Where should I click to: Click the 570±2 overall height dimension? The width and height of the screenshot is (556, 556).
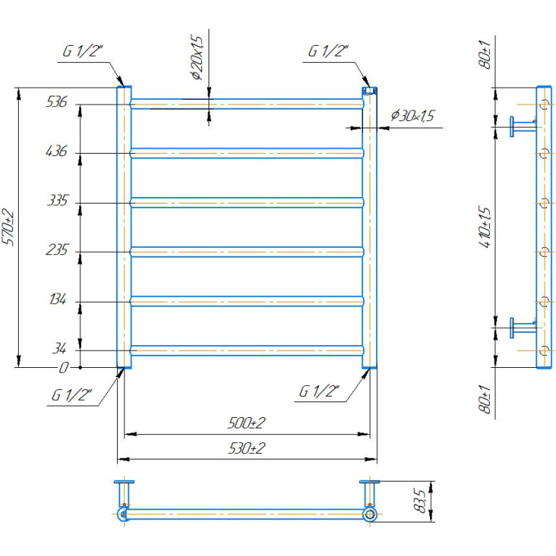(8, 227)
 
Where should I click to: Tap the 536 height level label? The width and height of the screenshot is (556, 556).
(56, 101)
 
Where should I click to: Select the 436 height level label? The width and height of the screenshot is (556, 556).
(56, 151)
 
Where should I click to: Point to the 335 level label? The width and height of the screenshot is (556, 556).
(57, 200)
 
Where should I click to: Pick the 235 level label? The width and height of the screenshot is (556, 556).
(56, 249)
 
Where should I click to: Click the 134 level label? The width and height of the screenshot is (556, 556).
(57, 299)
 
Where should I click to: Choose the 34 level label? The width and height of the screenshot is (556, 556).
(59, 348)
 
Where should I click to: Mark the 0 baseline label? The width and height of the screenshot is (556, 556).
(63, 368)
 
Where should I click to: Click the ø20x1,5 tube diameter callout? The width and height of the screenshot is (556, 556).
(198, 57)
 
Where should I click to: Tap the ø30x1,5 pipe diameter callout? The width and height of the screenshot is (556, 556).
(412, 115)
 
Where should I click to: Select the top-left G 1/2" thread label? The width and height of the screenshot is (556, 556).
(83, 51)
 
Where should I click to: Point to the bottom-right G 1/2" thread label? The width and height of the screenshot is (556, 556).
(319, 391)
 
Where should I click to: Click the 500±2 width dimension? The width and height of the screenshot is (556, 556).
(246, 423)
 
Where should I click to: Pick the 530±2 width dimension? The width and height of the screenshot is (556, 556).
(246, 448)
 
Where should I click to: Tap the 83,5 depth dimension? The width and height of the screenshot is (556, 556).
(419, 500)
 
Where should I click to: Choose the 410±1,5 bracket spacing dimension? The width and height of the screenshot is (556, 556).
(485, 226)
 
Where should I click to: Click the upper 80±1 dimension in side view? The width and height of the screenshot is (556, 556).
(485, 54)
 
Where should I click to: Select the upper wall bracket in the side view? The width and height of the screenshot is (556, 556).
(523, 126)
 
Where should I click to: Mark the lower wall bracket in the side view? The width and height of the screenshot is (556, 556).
(523, 328)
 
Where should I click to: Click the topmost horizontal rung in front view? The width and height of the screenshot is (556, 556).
(247, 104)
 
